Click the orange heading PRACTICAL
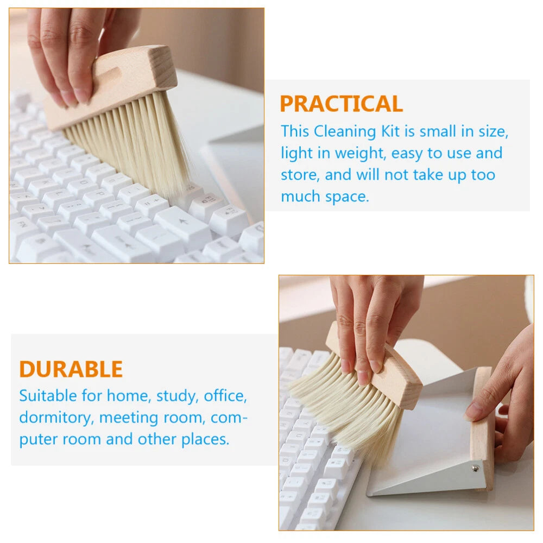[341, 104]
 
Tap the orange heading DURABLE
[71, 369]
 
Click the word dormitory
[56, 418]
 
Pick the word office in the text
[225, 396]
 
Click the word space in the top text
[346, 197]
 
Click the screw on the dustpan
[475, 469]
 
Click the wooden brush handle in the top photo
[111, 86]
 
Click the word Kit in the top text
[390, 131]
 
